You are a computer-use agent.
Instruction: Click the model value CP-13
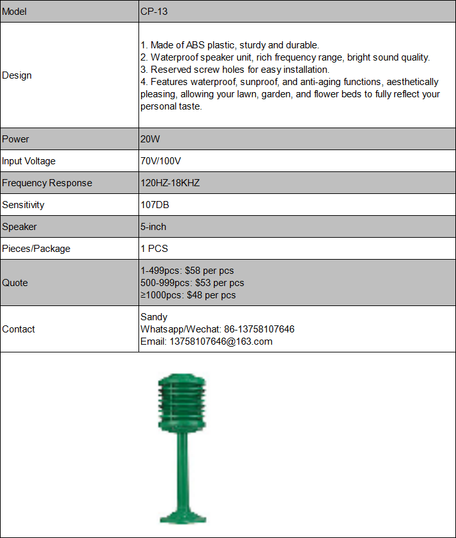155,12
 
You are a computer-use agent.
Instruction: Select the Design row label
17,75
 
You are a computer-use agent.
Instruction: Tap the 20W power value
149,139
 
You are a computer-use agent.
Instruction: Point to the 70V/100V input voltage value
161,161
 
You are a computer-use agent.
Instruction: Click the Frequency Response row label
47,183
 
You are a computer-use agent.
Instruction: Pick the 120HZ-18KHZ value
170,183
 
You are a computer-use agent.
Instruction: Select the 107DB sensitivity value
155,205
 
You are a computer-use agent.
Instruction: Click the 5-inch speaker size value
153,227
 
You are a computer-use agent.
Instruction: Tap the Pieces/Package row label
36,249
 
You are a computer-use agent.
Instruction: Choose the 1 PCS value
154,249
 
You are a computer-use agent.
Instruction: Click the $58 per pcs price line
187,271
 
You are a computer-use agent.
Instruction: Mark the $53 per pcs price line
192,283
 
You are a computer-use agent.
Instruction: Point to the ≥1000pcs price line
188,295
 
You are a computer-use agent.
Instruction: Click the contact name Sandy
154,317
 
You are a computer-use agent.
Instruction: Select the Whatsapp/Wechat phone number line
217,329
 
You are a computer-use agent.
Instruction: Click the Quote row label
15,283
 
